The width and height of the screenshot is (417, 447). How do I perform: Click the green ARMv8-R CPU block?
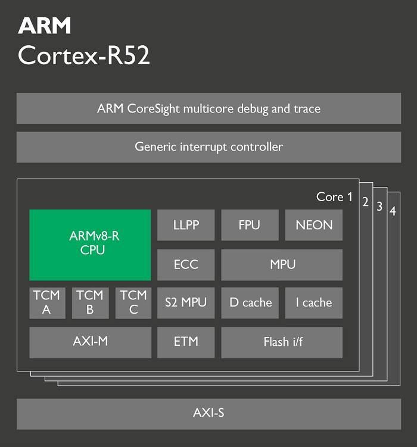point(90,245)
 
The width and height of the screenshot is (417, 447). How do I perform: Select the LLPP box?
point(186,225)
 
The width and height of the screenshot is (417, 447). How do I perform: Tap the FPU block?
point(250,225)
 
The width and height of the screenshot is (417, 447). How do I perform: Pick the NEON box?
point(314,225)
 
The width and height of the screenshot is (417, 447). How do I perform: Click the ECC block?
point(186,265)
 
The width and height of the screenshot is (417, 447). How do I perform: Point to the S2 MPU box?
point(186,303)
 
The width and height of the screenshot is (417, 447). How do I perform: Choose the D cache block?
point(250,303)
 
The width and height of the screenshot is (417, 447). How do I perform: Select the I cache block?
point(314,303)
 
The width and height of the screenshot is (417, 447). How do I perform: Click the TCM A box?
point(47,303)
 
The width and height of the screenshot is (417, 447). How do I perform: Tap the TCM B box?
point(90,303)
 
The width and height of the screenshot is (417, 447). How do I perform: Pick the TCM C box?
point(133,303)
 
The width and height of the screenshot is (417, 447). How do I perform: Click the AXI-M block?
point(90,342)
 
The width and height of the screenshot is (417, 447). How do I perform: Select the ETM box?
point(186,342)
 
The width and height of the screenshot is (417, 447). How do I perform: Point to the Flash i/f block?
point(282,342)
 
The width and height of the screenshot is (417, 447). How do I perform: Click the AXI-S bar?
point(208,414)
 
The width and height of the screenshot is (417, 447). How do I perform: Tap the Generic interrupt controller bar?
point(208,147)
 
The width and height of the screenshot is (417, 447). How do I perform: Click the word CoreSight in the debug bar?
point(154,109)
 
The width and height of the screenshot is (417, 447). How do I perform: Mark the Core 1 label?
point(334,197)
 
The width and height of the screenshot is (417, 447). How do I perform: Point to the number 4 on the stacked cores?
point(393,211)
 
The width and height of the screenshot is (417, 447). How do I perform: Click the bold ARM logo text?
point(45,26)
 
